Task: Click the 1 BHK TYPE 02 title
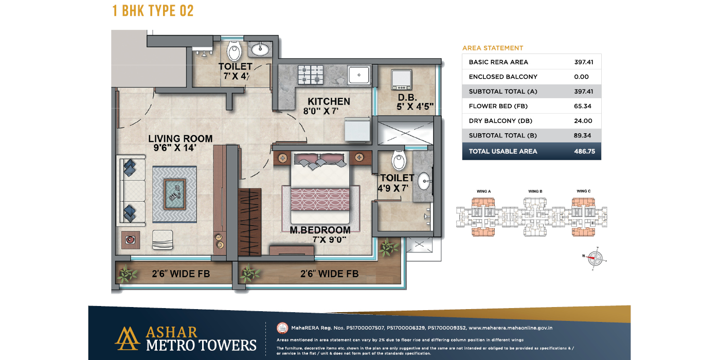tap(153, 10)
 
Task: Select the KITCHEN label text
tap(329, 101)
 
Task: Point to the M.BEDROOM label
tap(320, 230)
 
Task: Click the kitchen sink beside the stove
tap(358, 75)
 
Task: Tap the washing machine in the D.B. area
tap(401, 79)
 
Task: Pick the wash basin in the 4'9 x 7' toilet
tap(424, 181)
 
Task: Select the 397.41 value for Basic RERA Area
tap(584, 62)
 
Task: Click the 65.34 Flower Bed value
tap(584, 106)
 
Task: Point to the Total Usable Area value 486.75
tap(584, 151)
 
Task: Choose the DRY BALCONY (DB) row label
tap(500, 121)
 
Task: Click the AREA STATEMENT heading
tap(493, 48)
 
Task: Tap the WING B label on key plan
tap(535, 191)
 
